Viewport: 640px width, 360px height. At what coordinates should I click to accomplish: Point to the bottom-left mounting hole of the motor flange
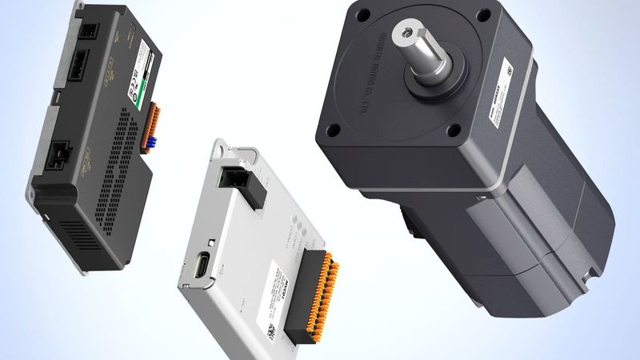pos(335,130)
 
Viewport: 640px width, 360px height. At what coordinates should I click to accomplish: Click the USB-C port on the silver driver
pos(201,264)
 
